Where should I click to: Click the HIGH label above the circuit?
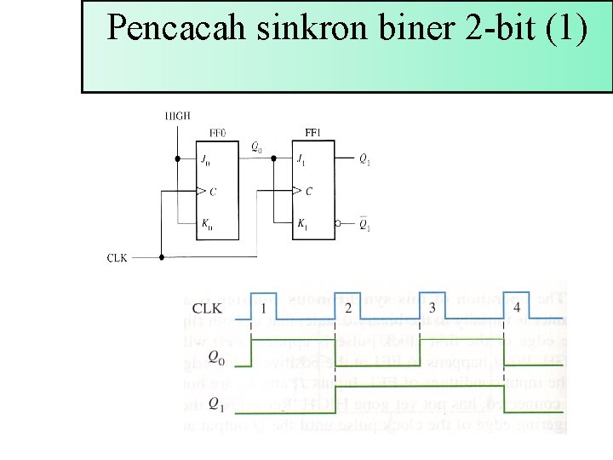click(178, 116)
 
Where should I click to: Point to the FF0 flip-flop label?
click(218, 133)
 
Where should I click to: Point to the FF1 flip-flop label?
click(313, 133)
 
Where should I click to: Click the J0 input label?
click(205, 159)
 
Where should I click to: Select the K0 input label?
click(206, 225)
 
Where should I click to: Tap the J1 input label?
click(301, 159)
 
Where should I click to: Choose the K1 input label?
click(302, 225)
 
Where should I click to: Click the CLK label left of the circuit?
click(117, 256)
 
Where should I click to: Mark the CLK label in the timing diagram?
click(209, 308)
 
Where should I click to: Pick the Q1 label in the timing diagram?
click(218, 403)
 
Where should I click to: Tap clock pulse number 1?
click(265, 308)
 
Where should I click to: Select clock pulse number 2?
click(348, 308)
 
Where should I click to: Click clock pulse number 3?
click(433, 308)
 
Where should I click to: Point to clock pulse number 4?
click(517, 308)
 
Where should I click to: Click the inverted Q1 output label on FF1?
click(364, 225)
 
